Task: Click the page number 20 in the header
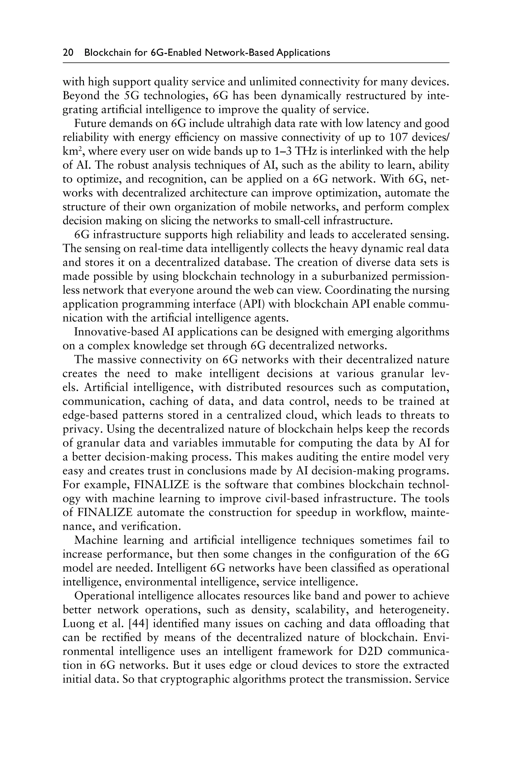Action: pos(68,52)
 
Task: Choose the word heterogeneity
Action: pos(414,610)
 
